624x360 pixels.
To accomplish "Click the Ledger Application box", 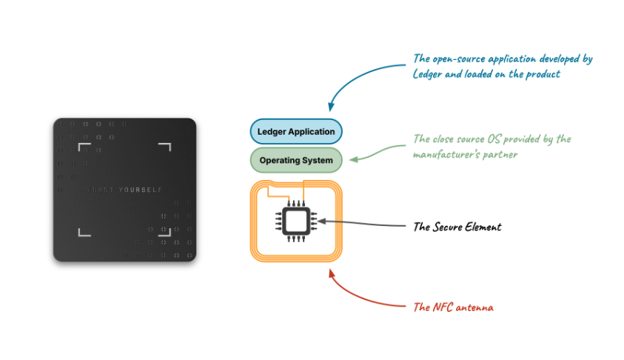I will (296, 132).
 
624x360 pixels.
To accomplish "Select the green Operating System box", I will (296, 160).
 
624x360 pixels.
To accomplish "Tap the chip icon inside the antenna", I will (296, 221).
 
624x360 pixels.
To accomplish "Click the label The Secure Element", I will (457, 227).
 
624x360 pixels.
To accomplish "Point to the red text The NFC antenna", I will (454, 307).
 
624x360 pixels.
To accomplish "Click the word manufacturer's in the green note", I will (449, 154).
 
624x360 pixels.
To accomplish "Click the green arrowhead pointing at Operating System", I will (352, 158).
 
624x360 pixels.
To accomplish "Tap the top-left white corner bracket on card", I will (82, 147).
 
